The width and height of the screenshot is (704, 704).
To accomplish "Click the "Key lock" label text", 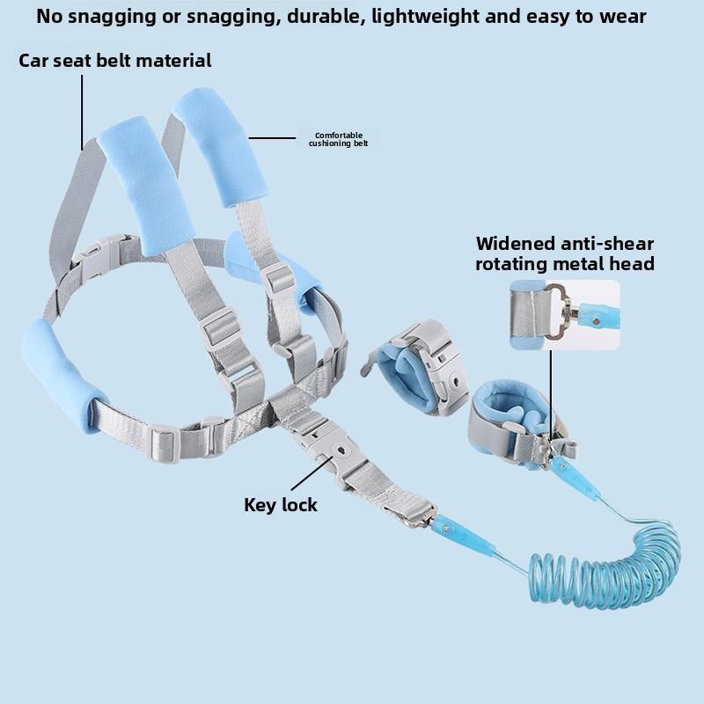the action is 281,505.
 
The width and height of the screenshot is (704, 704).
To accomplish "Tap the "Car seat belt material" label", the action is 115,61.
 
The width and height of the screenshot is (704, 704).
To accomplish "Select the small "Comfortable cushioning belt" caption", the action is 339,139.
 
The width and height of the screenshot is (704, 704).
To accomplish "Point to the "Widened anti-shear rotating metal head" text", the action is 565,253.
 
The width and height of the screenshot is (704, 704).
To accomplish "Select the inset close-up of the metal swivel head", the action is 565,315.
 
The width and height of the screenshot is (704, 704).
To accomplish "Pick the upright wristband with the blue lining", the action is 415,367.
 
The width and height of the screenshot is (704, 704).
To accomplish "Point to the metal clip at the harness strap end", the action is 420,517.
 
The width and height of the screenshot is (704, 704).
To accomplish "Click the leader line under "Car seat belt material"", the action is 82,113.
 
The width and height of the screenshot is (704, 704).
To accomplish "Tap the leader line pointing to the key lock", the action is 312,473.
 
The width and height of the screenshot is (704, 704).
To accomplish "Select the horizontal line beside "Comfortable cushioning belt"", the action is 272,138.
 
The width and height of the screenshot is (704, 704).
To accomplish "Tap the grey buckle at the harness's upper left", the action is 99,256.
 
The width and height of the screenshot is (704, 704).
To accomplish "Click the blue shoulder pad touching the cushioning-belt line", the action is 221,148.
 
